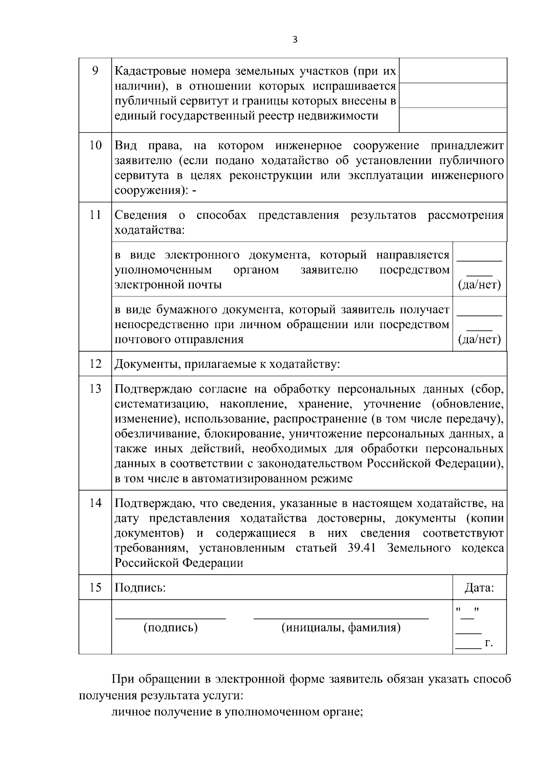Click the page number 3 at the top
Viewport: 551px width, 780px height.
(295, 40)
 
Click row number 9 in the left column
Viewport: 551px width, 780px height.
(95, 71)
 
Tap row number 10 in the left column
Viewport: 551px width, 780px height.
(95, 146)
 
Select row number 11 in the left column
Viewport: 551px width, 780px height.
(95, 215)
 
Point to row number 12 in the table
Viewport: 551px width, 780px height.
(95, 364)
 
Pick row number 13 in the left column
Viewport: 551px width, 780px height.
(95, 389)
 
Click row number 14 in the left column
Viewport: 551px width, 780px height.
(95, 503)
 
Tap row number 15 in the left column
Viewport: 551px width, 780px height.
(95, 587)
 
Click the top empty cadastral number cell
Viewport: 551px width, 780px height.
(453, 71)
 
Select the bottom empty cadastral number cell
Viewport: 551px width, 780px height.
(453, 120)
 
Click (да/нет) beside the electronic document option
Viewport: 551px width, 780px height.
(479, 285)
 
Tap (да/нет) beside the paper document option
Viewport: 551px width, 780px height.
(479, 340)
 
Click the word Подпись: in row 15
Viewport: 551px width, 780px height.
(140, 587)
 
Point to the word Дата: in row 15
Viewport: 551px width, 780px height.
(479, 587)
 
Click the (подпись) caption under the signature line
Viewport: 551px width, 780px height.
(170, 627)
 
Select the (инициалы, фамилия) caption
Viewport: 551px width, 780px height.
(341, 627)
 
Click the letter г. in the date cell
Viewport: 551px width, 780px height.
(489, 643)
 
